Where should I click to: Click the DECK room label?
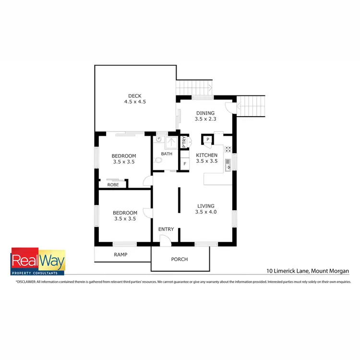pyautogui.click(x=134, y=96)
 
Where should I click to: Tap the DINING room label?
pyautogui.click(x=204, y=113)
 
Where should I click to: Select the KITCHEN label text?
pyautogui.click(x=207, y=155)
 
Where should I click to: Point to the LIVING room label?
pyautogui.click(x=205, y=206)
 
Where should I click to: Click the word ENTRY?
pyautogui.click(x=166, y=229)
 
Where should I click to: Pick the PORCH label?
pyautogui.click(x=180, y=259)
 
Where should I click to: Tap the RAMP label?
pyautogui.click(x=120, y=254)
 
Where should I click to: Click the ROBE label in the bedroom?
pyautogui.click(x=113, y=184)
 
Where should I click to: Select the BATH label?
pyautogui.click(x=167, y=154)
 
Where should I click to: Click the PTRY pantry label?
pyautogui.click(x=184, y=142)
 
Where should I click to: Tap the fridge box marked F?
pyautogui.click(x=184, y=164)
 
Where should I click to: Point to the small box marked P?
pyautogui.click(x=208, y=139)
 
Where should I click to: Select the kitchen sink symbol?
pyautogui.click(x=228, y=164)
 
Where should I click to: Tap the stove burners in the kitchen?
pyautogui.click(x=228, y=149)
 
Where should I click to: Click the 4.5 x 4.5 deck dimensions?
pyautogui.click(x=134, y=102)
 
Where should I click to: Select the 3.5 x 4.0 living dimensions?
pyautogui.click(x=205, y=212)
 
